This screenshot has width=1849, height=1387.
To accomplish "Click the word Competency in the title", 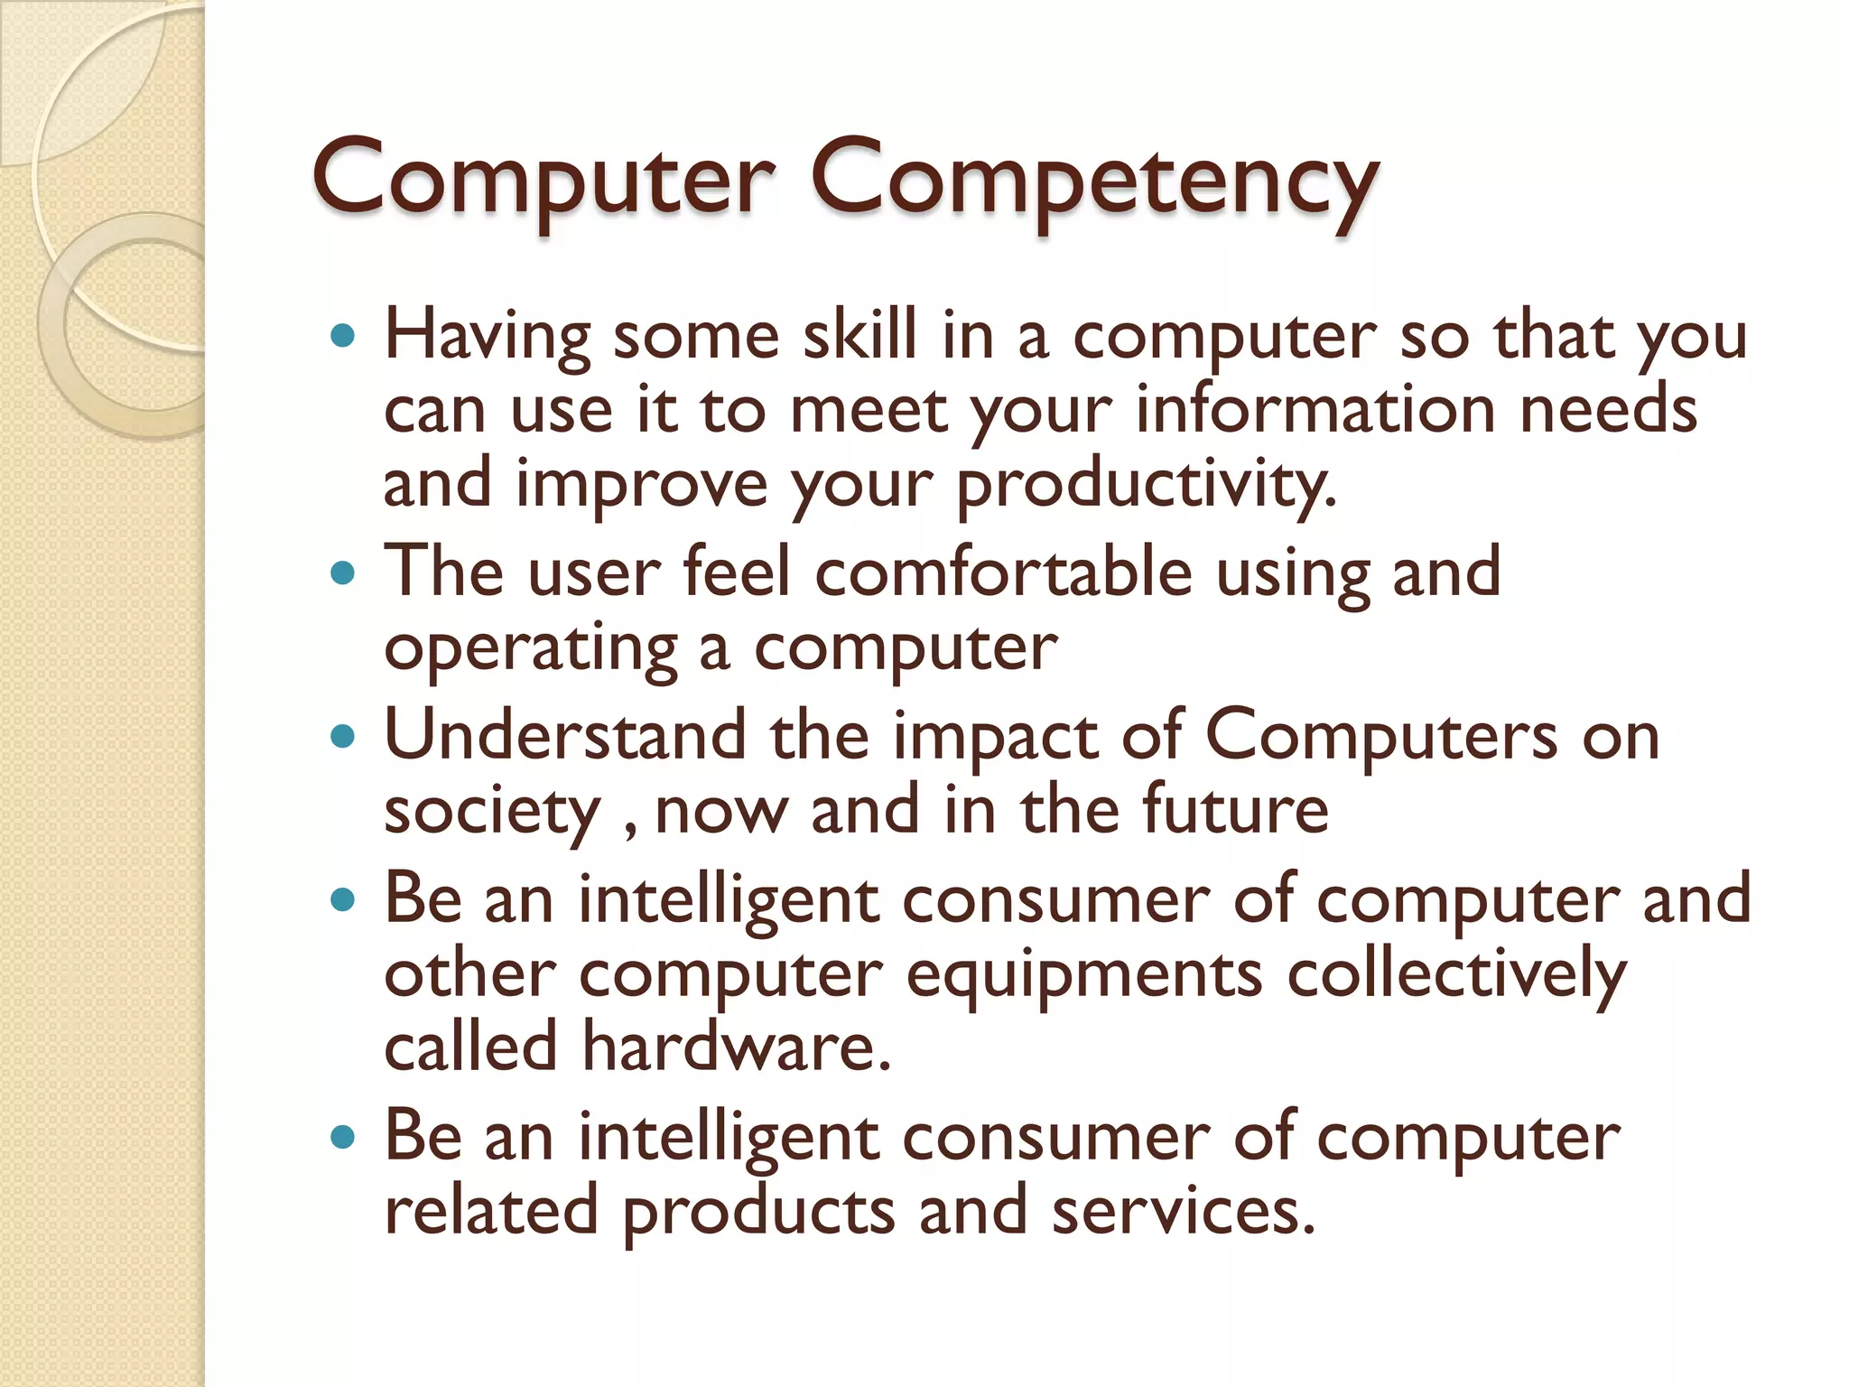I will click(x=1093, y=181).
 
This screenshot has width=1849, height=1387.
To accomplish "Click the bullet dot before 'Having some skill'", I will click(x=343, y=337).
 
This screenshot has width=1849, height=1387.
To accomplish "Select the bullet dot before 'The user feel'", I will click(x=343, y=572).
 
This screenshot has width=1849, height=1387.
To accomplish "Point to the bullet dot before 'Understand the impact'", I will click(x=343, y=736).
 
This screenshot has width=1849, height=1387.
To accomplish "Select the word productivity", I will click(x=1145, y=486).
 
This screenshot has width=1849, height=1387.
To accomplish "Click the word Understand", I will click(x=565, y=735).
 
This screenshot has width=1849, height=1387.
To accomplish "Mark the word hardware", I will click(x=736, y=1047).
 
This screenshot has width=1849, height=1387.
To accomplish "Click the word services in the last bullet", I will click(x=1183, y=1211).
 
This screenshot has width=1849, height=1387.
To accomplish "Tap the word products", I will click(x=758, y=1213).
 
